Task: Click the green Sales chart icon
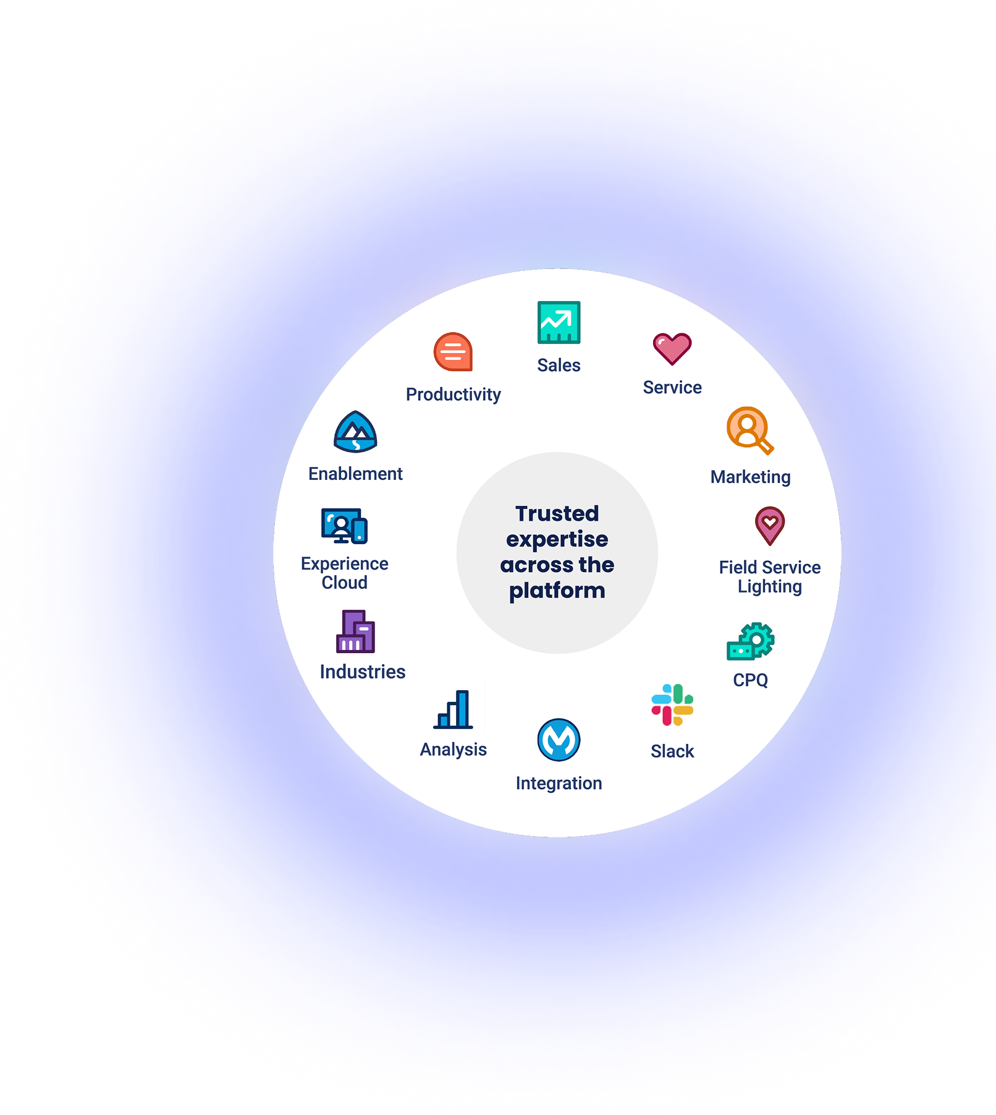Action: [559, 322]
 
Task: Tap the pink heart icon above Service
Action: [672, 348]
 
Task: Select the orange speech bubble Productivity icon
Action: [453, 352]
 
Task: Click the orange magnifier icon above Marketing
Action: [749, 430]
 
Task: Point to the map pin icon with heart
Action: [770, 526]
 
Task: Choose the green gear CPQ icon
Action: [751, 641]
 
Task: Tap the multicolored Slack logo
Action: [672, 705]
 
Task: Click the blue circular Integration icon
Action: [559, 740]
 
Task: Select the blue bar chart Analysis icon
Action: [454, 710]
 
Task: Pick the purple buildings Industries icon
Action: [355, 632]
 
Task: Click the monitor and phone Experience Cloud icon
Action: [344, 526]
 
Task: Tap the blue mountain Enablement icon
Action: [355, 432]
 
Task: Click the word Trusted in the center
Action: [557, 513]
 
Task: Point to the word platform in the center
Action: [557, 591]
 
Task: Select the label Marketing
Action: [750, 477]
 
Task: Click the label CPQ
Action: [750, 680]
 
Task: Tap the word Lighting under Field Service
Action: [770, 586]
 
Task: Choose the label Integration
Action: [559, 783]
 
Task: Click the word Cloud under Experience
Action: [344, 583]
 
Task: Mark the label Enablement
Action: [355, 474]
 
